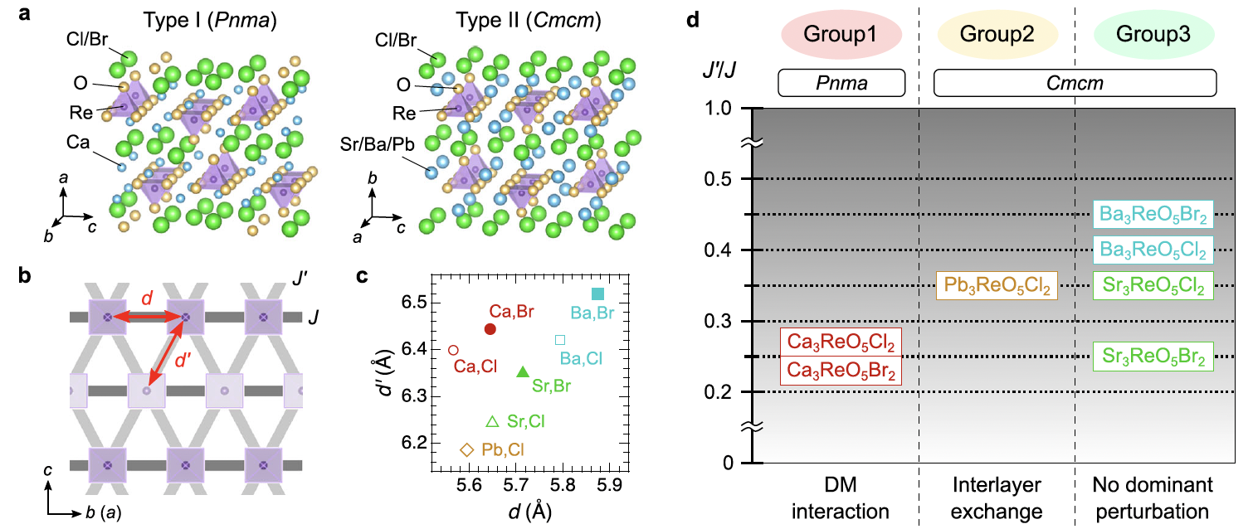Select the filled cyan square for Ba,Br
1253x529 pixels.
(x=597, y=294)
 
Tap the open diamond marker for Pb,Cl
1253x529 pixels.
(x=467, y=449)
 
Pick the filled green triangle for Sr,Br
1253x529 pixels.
(x=522, y=372)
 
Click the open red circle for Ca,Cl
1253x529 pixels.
(x=453, y=350)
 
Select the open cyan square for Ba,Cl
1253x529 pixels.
(x=560, y=340)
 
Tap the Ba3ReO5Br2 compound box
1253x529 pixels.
(x=1153, y=215)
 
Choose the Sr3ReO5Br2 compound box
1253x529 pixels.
(x=1153, y=357)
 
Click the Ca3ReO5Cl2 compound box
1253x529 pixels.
(x=841, y=342)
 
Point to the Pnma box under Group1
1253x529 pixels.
(x=841, y=82)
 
